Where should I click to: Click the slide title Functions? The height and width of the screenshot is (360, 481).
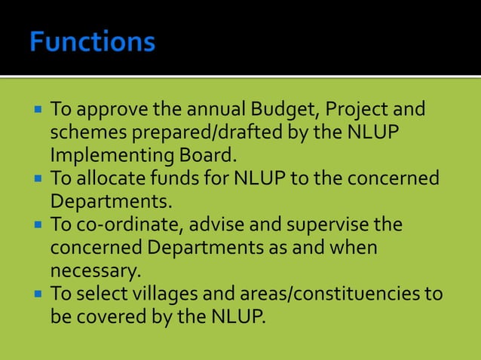click(93, 41)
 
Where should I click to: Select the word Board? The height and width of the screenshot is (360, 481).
click(210, 156)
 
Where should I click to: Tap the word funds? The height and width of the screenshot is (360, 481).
click(177, 179)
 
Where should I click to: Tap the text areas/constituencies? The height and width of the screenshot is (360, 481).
click(328, 293)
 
